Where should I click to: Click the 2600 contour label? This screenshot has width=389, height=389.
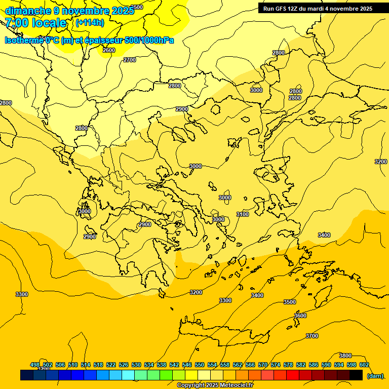point(109,50)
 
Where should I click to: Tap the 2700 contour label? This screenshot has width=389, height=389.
point(130,60)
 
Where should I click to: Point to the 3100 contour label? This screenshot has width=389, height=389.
point(243,214)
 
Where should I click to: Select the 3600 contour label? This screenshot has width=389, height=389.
point(300,316)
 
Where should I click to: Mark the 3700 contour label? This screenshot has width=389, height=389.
point(312,336)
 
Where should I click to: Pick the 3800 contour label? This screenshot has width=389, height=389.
point(345,356)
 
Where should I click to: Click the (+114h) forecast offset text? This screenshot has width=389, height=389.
point(90,23)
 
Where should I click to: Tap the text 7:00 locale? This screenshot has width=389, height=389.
point(35,23)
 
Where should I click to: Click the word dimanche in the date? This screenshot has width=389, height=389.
point(27,10)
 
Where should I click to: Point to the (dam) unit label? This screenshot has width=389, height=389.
point(375,375)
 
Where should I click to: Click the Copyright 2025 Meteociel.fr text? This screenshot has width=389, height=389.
point(215,385)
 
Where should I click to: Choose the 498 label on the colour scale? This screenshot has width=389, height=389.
point(35,365)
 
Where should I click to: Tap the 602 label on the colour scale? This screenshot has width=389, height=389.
point(364,365)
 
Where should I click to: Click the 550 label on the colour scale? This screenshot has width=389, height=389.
point(200,365)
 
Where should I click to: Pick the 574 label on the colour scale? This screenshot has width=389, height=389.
point(276,365)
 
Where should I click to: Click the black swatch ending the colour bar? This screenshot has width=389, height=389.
point(356,375)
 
